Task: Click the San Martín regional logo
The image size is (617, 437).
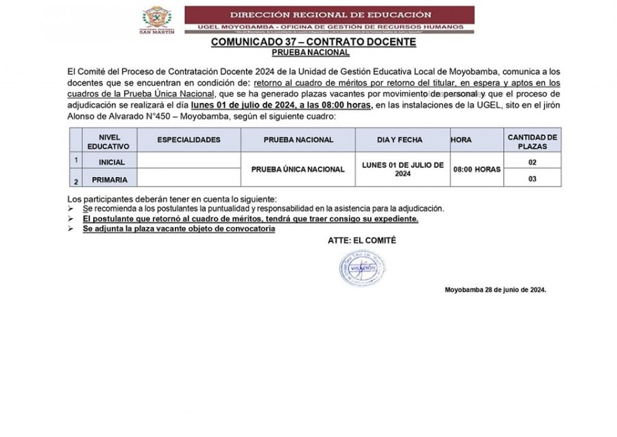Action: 157,20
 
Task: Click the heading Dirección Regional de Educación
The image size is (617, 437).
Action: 330,14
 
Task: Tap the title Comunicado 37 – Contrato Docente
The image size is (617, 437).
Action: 313,42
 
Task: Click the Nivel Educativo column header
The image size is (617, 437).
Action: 108,139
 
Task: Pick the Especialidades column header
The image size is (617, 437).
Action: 189,139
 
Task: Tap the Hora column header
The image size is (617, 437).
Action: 461,140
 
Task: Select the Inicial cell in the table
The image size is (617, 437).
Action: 111,163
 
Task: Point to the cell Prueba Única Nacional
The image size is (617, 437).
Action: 298,169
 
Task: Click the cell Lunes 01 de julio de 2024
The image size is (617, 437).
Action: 402,169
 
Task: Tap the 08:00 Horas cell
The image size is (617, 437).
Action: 476,169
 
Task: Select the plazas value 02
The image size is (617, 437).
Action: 532,163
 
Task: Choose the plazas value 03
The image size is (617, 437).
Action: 532,178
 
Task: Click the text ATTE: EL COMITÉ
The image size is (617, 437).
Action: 362,241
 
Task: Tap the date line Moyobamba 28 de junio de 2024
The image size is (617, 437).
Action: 495,290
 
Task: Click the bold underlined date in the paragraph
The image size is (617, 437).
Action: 282,105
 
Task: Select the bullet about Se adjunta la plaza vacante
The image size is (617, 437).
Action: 178,228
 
